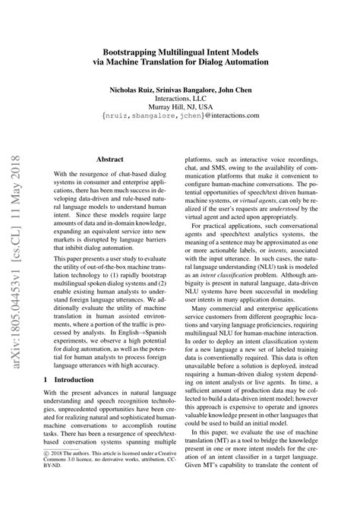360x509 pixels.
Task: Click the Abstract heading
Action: (110, 180)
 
